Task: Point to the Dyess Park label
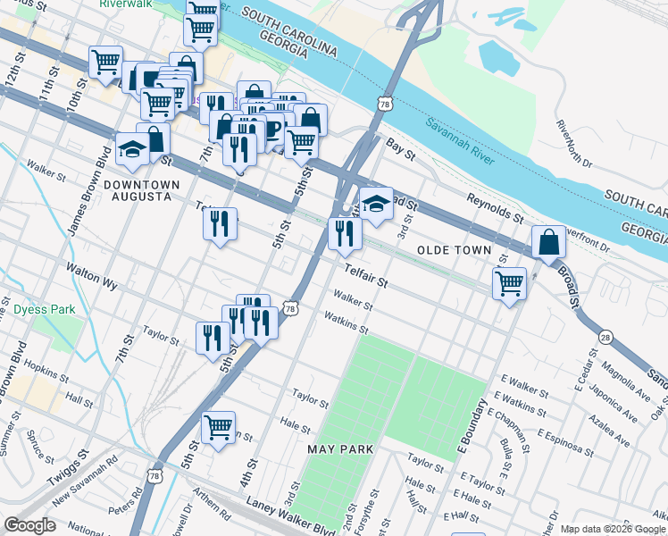pos(44,310)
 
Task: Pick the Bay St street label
pos(401,148)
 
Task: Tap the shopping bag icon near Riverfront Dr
pos(547,242)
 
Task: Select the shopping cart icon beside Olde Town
pos(509,284)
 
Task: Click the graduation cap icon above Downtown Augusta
pos(132,149)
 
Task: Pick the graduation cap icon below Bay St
pos(376,204)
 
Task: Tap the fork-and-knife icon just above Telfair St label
pos(344,234)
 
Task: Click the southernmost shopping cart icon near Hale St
pos(218,428)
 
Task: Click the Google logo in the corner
pos(29,525)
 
